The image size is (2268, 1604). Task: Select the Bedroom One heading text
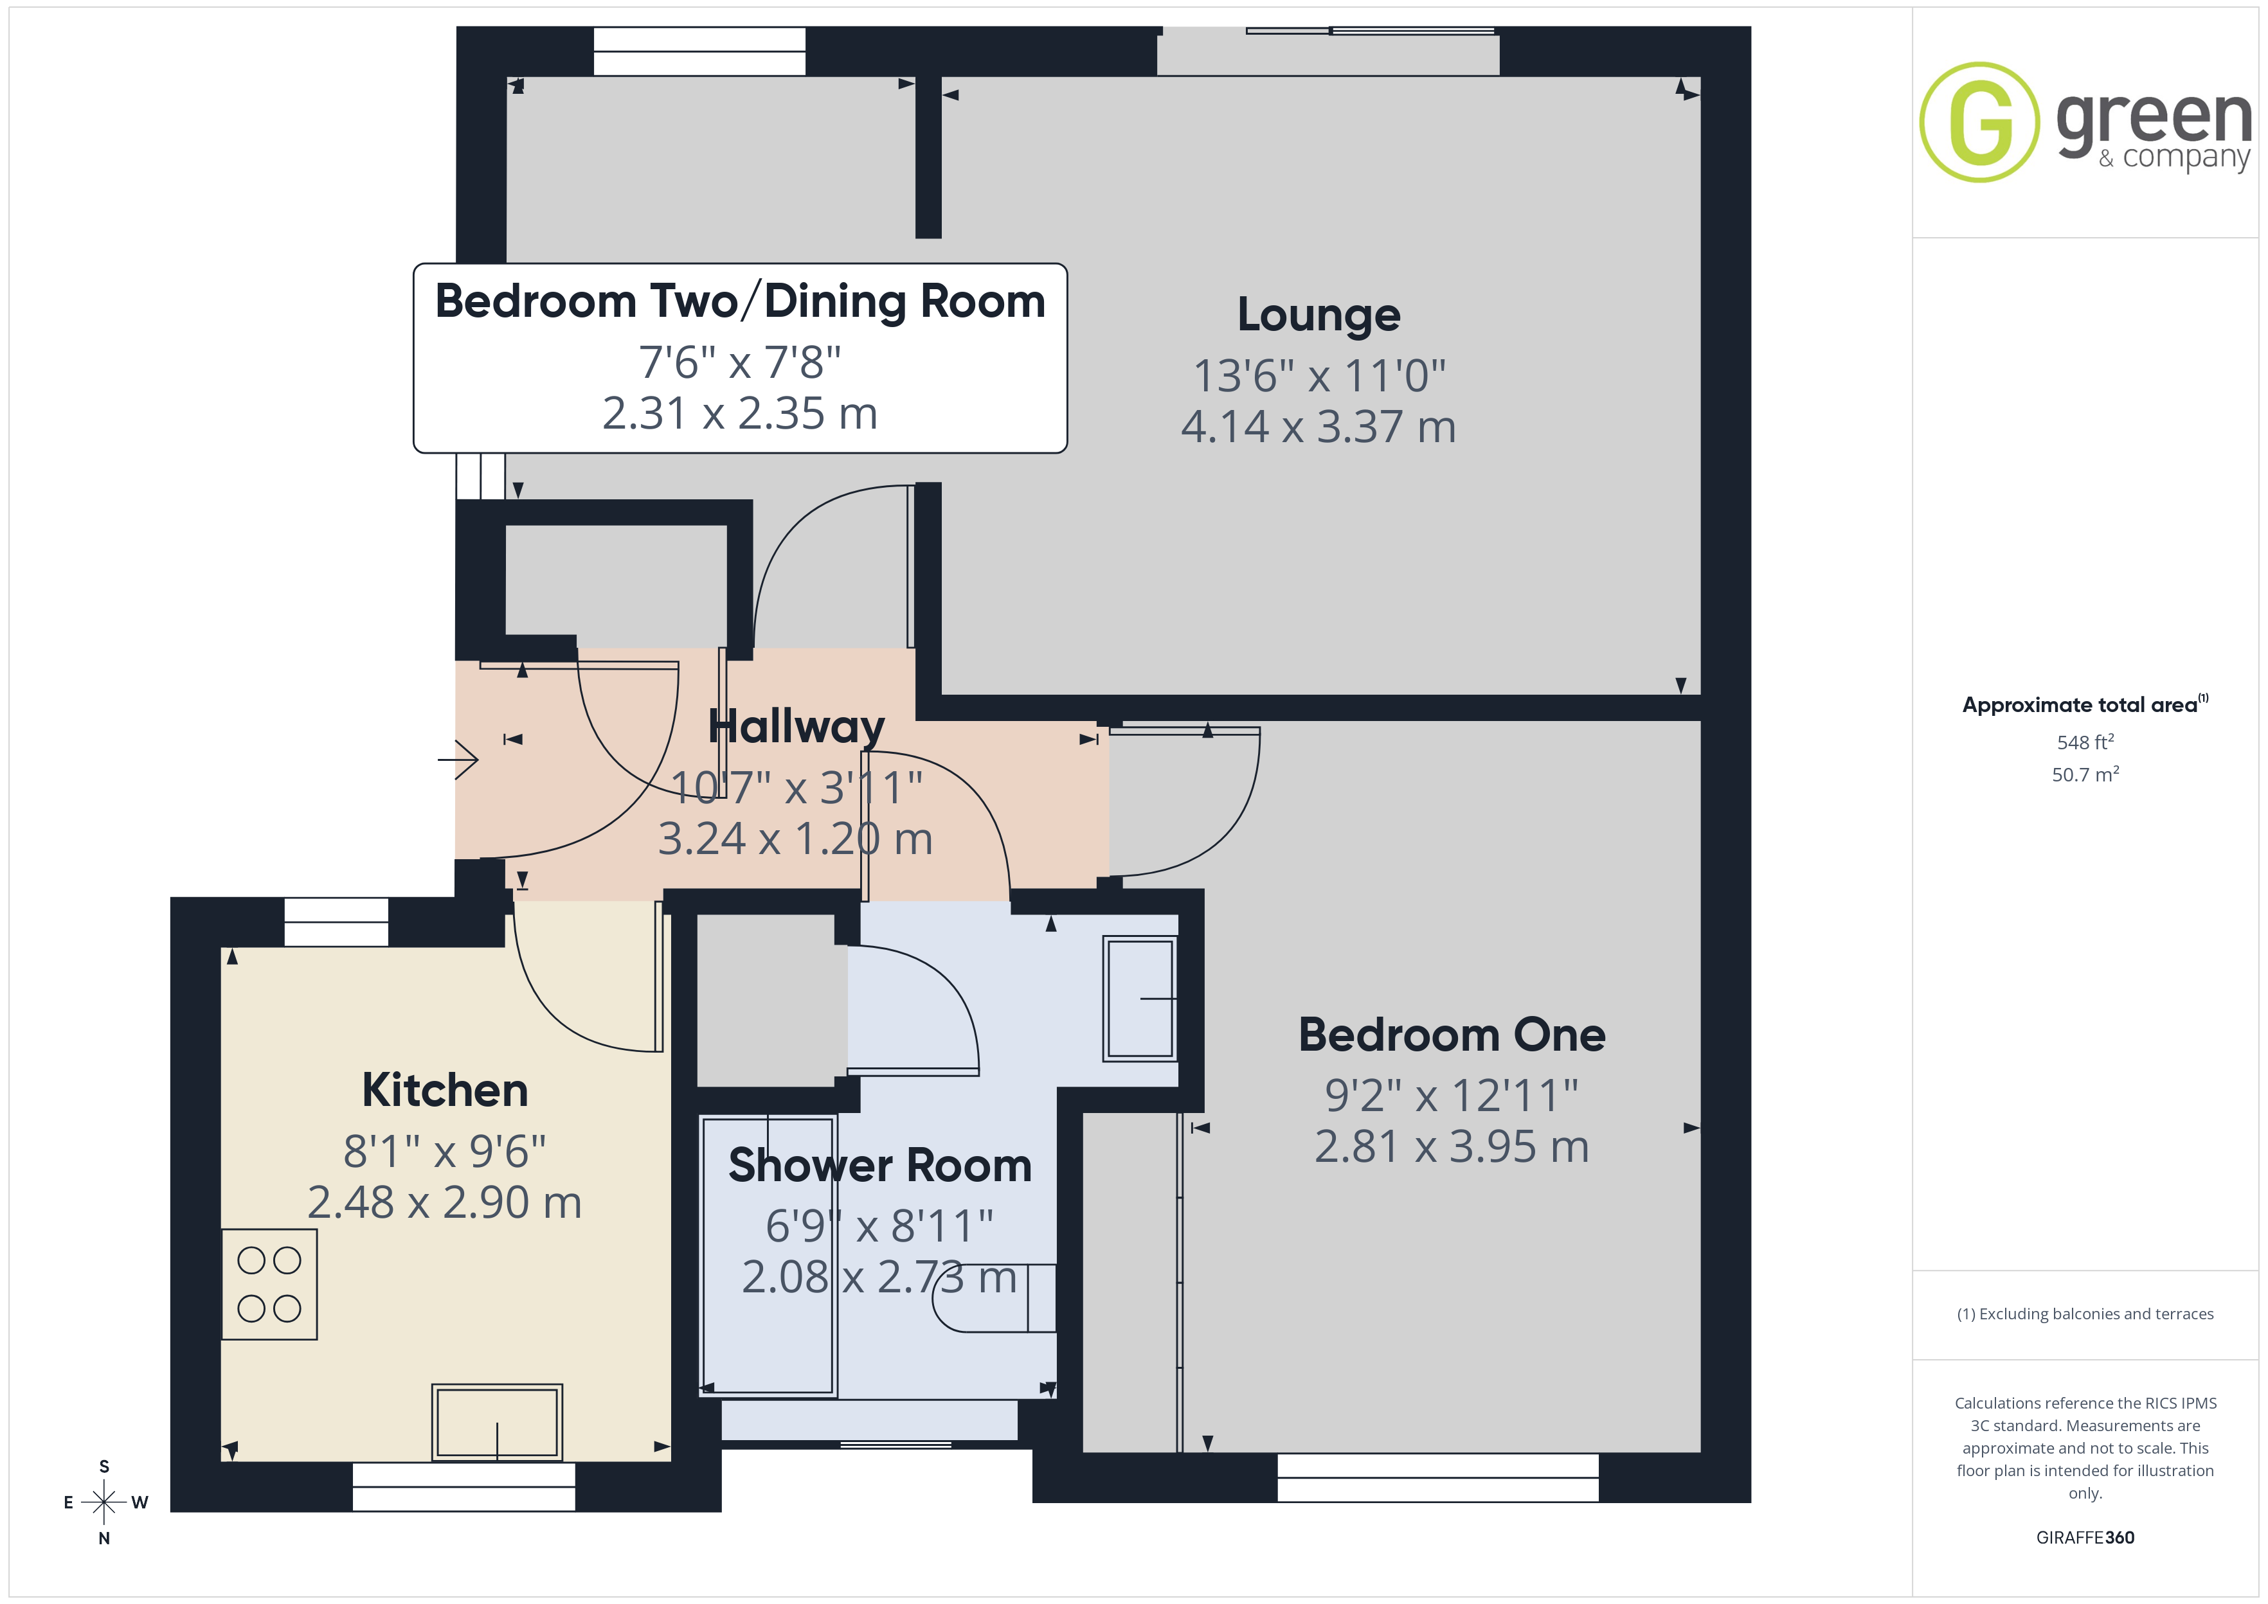(x=1452, y=1035)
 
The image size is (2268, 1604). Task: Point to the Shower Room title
(x=880, y=1166)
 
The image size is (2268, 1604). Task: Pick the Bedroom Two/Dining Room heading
(x=740, y=301)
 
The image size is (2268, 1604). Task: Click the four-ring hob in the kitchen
(x=269, y=1284)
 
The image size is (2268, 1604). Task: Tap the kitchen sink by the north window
(x=497, y=1421)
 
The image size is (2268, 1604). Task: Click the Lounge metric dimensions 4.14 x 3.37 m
(x=1318, y=427)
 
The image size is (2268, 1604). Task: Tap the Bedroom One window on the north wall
(x=1438, y=1477)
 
